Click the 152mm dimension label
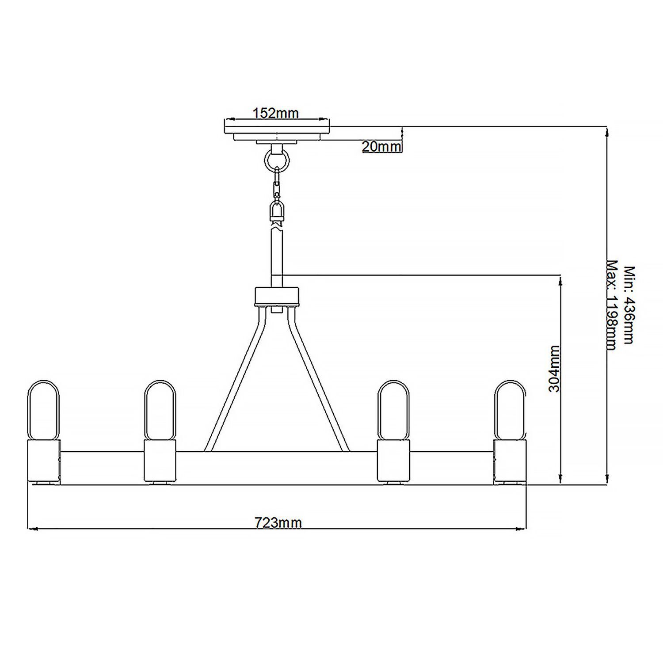[275, 113]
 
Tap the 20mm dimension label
[381, 146]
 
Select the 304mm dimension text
[554, 369]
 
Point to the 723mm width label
[278, 523]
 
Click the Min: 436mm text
[629, 305]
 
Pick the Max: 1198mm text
[611, 305]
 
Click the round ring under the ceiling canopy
[277, 158]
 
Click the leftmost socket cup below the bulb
[43, 461]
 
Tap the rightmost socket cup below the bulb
[510, 461]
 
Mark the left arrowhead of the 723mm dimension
[31, 528]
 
